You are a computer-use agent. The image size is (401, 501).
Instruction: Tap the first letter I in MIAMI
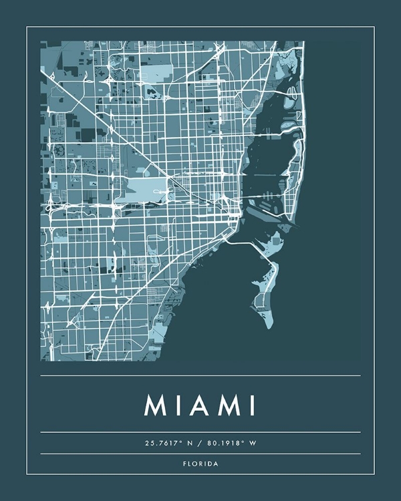[x=177, y=405]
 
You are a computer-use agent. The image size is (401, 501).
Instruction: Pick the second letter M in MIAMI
[x=227, y=405]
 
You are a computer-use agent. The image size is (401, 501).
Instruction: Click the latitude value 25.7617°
[x=164, y=443]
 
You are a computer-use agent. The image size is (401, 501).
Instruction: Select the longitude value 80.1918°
[x=231, y=443]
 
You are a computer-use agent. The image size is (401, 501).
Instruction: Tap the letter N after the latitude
[x=194, y=443]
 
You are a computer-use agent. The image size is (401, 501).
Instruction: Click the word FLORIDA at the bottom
[x=200, y=464]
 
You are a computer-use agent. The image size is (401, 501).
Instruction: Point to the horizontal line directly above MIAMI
[x=200, y=375]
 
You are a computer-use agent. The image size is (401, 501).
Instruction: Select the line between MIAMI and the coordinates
[x=200, y=432]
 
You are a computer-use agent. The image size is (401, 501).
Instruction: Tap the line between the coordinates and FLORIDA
[x=200, y=454]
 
